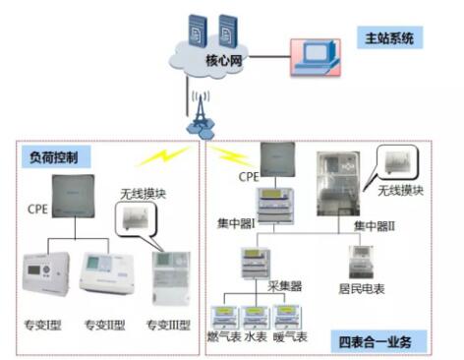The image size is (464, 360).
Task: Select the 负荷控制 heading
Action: point(54,157)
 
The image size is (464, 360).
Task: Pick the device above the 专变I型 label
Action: point(47,275)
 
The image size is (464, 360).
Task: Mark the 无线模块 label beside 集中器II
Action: point(402,189)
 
